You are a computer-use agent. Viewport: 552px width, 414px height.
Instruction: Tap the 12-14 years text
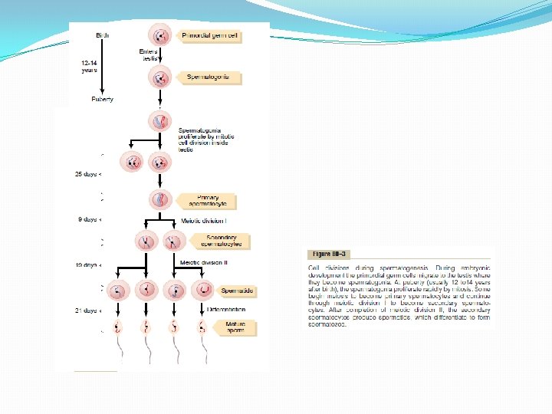click(90, 67)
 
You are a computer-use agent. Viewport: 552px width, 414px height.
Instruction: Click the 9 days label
click(87, 221)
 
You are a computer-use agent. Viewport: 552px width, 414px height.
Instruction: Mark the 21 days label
click(85, 310)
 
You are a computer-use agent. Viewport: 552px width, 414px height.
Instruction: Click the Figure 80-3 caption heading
click(327, 254)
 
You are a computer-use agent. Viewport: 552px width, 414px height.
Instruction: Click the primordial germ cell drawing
click(159, 35)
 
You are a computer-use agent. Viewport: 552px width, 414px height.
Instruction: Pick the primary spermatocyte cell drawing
click(159, 200)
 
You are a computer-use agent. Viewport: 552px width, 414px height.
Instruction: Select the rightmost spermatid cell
click(202, 290)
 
